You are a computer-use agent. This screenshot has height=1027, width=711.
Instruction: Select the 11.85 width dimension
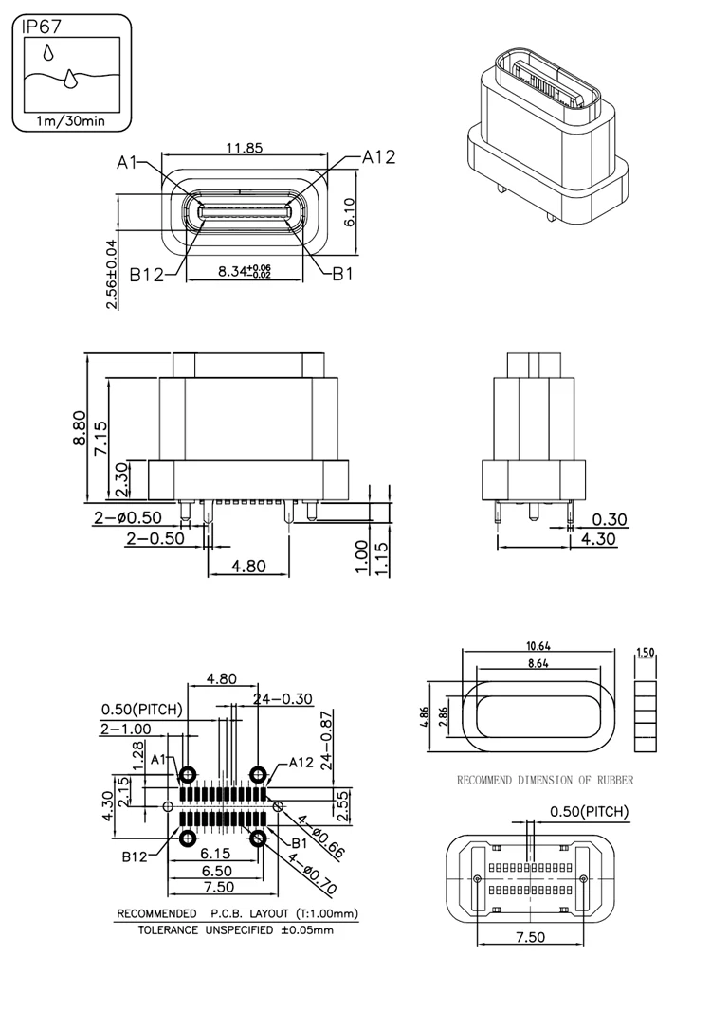(244, 148)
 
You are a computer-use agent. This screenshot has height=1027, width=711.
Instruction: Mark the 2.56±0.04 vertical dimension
(113, 274)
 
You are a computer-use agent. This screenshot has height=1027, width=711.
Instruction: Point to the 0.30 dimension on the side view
(610, 519)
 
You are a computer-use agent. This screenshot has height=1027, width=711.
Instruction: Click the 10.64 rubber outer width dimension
(539, 646)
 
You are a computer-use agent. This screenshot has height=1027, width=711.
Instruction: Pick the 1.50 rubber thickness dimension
(647, 653)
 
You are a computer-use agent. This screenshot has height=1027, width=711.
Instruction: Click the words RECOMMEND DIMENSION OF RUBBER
(544, 781)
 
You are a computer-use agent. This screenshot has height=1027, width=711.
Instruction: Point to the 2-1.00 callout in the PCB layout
(124, 729)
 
